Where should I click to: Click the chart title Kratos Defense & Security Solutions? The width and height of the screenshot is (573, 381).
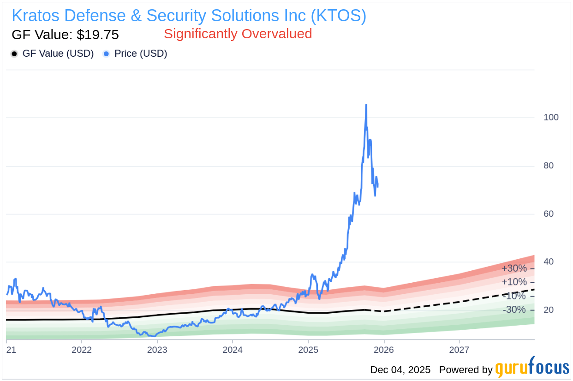(x=189, y=16)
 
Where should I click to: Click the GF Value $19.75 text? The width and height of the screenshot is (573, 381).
(x=65, y=35)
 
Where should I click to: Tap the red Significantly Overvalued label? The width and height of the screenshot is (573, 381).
(x=238, y=34)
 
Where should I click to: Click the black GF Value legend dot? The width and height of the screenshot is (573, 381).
(x=14, y=54)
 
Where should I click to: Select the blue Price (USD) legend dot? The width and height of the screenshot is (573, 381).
(x=107, y=54)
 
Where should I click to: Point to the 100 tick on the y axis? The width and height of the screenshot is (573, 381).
(x=551, y=117)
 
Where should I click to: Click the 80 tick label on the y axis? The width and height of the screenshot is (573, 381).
(x=548, y=166)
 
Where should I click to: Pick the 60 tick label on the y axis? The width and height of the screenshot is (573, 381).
(x=548, y=214)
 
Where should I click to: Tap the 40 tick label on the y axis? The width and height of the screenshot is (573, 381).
(x=548, y=262)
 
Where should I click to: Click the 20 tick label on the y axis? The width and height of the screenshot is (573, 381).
(x=548, y=310)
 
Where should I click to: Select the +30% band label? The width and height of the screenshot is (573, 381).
(x=514, y=268)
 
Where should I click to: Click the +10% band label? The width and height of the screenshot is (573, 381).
(x=514, y=282)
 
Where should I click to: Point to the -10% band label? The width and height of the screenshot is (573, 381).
(x=514, y=296)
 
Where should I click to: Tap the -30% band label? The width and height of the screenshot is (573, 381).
(x=514, y=310)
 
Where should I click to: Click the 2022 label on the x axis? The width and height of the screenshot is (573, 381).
(x=81, y=350)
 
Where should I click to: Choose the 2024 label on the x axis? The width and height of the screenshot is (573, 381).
(x=233, y=350)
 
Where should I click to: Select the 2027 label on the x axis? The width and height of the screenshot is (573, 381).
(x=459, y=350)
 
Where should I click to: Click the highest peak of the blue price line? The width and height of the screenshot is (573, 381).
(x=366, y=105)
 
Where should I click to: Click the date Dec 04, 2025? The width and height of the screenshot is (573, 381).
(x=400, y=370)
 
